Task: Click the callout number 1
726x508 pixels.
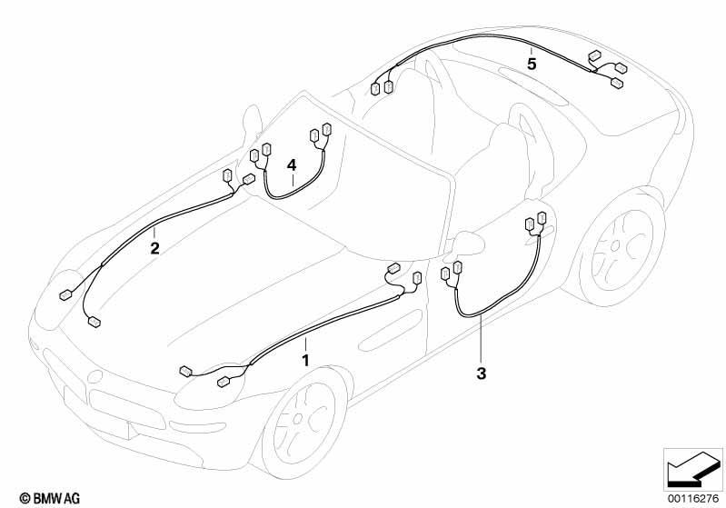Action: coord(305,360)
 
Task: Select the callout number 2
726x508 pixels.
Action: coord(154,249)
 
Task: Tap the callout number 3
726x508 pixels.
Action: coord(482,374)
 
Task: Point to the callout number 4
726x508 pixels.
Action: coord(292,164)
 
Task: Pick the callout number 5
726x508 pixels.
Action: coord(532,64)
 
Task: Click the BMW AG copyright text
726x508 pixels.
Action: coord(50,498)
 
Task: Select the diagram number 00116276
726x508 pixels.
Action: coord(693,498)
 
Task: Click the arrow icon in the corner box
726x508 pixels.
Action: coord(692,470)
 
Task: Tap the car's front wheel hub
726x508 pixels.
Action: coord(298,419)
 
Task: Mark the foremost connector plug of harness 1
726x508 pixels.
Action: coord(185,371)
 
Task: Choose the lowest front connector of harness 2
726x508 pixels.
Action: coord(94,322)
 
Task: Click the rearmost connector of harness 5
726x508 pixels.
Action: coord(617,83)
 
